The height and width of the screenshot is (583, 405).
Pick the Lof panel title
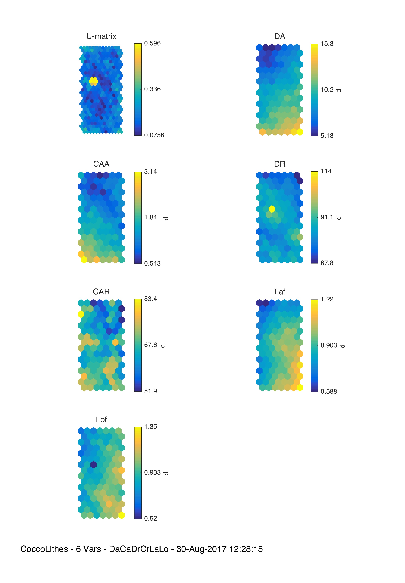(101, 419)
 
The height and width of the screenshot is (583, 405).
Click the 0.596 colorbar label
(152, 43)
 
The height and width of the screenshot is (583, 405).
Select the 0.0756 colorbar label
(154, 135)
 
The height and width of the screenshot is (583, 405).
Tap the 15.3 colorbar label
(327, 44)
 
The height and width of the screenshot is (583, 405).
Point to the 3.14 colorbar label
(150, 172)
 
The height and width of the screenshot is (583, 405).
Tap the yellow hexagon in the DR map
(272, 209)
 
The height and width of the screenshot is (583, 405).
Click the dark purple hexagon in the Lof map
(93, 464)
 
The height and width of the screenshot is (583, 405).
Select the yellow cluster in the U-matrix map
(93, 81)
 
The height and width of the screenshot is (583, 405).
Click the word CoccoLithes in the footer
(44, 549)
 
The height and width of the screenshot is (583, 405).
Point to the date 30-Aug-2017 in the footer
(201, 549)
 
